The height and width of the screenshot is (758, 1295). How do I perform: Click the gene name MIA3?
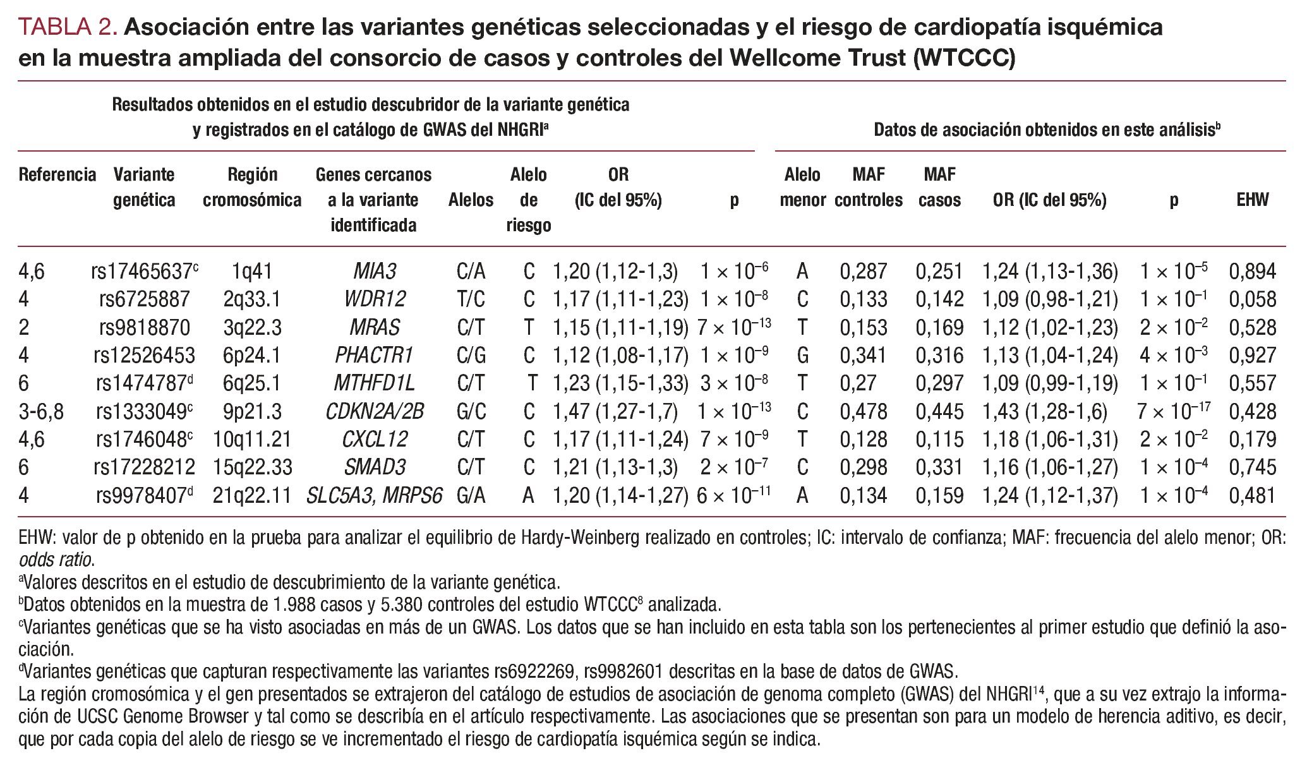tap(374, 272)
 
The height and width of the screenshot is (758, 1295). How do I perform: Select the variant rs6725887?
tap(144, 299)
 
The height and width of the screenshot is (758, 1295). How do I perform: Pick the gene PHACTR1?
tap(374, 355)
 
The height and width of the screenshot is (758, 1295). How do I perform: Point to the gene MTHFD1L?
tap(374, 383)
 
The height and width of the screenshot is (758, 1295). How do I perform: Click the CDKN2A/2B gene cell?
tap(374, 411)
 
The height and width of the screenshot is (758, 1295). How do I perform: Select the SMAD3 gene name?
tap(374, 467)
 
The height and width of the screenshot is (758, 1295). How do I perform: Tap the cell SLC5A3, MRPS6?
tap(374, 495)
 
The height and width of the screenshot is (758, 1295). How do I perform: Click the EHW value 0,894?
tap(1252, 272)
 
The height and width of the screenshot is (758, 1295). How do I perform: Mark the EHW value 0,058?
tap(1252, 299)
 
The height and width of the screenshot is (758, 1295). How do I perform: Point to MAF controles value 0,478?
tap(863, 411)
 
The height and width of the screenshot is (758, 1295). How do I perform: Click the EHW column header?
tap(1252, 200)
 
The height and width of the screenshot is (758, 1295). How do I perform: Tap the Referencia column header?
tap(57, 174)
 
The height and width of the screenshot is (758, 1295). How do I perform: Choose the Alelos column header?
tap(471, 200)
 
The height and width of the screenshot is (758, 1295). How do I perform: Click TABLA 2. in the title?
tap(68, 27)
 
